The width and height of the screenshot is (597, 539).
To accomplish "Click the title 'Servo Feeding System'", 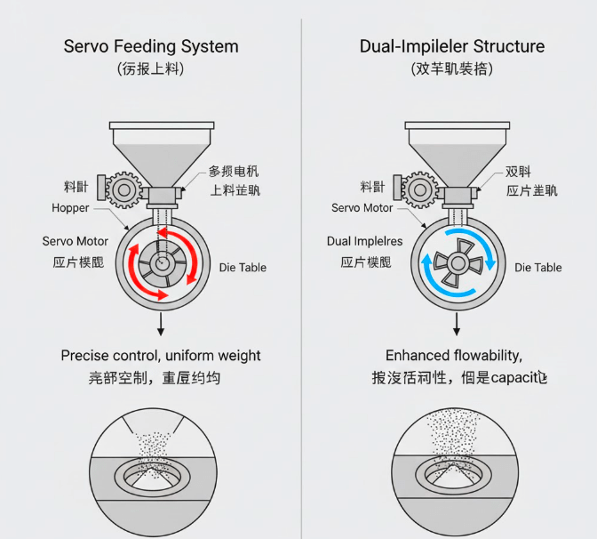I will (150, 46).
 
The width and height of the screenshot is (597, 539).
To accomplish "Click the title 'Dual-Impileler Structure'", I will (451, 46).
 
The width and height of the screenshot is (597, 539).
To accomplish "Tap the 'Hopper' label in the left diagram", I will (70, 208).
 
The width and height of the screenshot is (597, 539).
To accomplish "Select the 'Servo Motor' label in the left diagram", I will (75, 241).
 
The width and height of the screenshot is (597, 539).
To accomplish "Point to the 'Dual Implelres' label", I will (364, 241).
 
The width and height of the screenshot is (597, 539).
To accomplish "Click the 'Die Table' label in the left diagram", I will (243, 267).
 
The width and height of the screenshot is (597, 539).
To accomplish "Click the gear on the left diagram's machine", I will (122, 189).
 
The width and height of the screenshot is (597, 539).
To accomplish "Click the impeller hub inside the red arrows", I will (161, 263).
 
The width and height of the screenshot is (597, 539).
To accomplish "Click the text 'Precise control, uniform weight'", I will (161, 356).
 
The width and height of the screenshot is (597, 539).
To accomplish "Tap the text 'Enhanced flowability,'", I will (453, 356).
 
